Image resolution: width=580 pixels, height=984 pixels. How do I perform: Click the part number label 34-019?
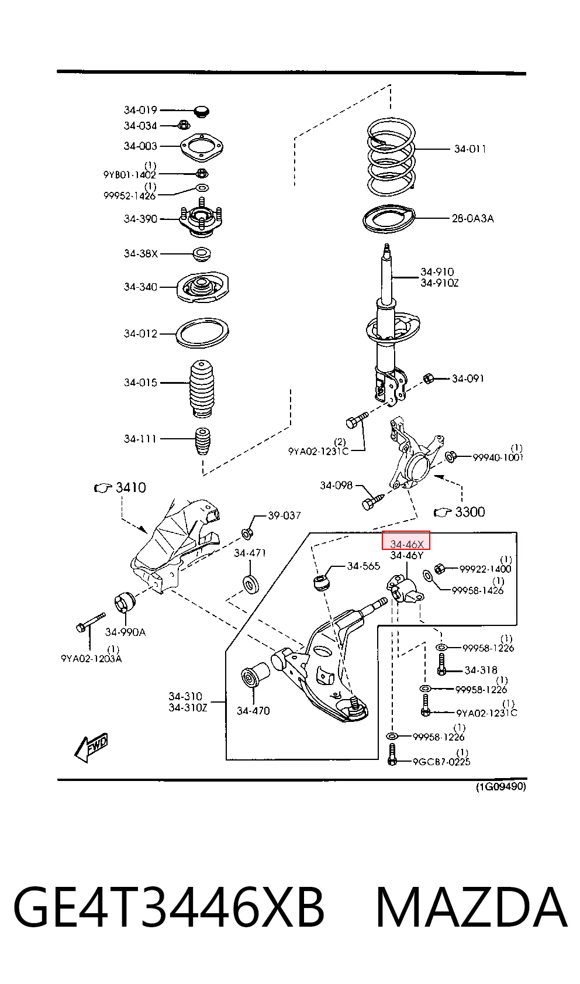(x=140, y=110)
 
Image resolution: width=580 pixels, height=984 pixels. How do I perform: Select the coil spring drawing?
(x=391, y=157)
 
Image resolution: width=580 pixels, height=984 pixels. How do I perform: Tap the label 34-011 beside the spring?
(x=470, y=149)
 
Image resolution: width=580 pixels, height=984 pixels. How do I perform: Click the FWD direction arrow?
(x=91, y=747)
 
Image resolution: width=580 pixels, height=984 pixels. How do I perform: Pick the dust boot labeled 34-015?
(x=202, y=389)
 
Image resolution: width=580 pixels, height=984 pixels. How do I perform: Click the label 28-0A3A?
(x=473, y=218)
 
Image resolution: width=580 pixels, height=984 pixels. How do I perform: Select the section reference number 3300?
(x=470, y=512)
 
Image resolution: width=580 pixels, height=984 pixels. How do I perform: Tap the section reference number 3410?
(x=131, y=487)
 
